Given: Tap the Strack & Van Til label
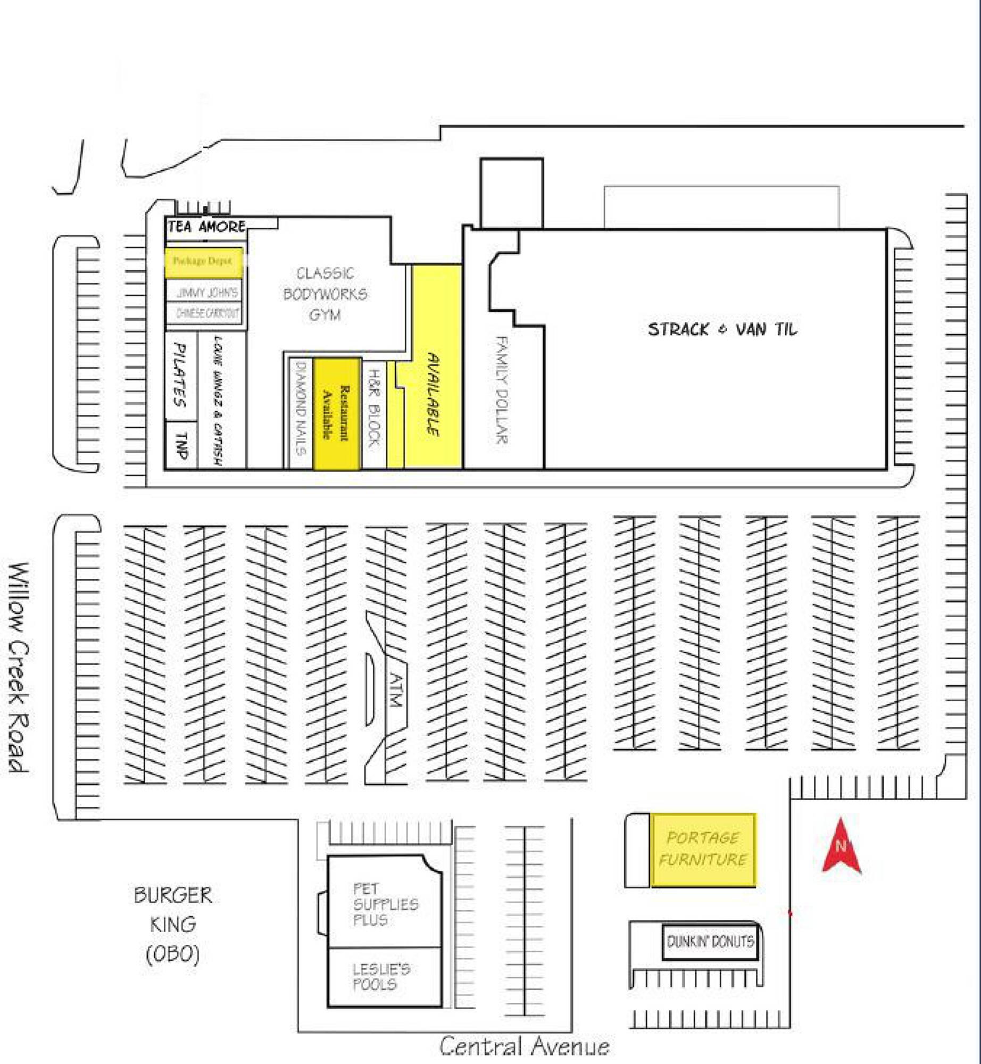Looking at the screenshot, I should tap(722, 329).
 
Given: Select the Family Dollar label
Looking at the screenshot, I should tap(501, 389).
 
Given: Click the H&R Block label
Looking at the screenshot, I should tap(374, 408).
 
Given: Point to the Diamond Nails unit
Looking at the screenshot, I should tap(301, 409).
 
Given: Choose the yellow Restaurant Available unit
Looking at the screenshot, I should tap(337, 413).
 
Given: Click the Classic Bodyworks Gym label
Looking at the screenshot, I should tap(325, 294).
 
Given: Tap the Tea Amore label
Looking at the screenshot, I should tap(206, 227).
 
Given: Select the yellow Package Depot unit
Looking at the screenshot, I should tap(203, 261).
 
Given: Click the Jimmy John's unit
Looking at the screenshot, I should tap(207, 292).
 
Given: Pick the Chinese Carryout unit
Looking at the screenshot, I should tap(207, 313).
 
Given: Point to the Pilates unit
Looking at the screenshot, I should tap(180, 375).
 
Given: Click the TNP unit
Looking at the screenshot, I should tap(181, 445).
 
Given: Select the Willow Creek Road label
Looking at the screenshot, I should tap(19, 667).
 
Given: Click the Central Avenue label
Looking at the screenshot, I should tap(524, 1046).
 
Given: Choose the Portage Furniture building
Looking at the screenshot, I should tap(703, 850).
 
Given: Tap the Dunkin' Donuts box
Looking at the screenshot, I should tap(710, 942).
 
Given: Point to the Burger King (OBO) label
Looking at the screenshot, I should tap(173, 925).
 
